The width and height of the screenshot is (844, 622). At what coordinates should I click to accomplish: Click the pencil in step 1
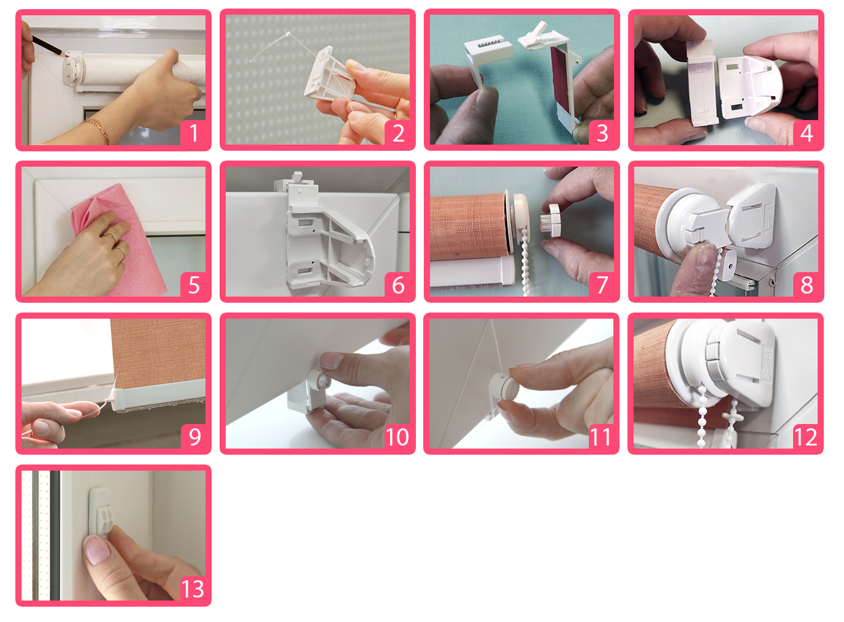pyautogui.click(x=49, y=47)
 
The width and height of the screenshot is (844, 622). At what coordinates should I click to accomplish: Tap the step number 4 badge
pyautogui.click(x=807, y=133)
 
